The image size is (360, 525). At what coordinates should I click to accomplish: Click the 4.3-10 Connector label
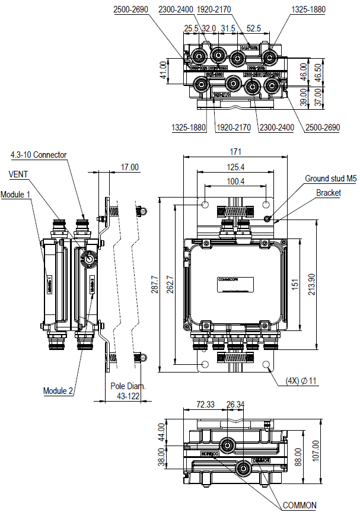coord(39,155)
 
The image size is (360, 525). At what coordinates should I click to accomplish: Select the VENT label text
coord(19,174)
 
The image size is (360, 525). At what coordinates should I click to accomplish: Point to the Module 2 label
coord(58,391)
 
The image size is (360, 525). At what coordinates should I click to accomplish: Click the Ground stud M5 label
coord(330,179)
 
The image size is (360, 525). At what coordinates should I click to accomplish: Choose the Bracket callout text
coord(328,193)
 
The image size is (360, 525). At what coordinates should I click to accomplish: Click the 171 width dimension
coord(236,152)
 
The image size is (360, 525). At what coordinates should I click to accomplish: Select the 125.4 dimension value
coord(236,167)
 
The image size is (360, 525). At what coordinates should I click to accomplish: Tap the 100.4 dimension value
coord(235,181)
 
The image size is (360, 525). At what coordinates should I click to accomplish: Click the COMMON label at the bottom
coord(300,505)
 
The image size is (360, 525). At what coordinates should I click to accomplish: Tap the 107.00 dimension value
coord(332,451)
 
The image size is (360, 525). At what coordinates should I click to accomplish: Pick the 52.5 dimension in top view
coord(254,28)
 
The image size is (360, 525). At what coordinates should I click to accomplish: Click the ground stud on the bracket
coord(267,218)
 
